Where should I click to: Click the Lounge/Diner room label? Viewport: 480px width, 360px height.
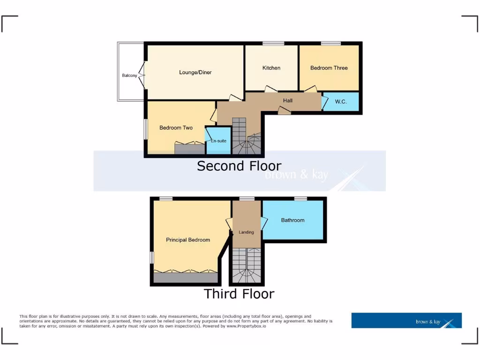point(195,72)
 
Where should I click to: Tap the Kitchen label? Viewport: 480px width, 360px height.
point(271,68)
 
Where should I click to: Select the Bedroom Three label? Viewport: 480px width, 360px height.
point(329,68)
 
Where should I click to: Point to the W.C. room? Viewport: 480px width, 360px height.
point(341,102)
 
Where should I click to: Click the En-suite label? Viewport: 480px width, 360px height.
point(218,141)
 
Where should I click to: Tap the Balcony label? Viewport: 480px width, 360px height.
point(129,75)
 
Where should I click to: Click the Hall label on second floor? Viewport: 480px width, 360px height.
point(287,100)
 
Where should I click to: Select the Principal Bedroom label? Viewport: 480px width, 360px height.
point(188,240)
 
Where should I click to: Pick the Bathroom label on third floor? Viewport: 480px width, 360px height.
point(292,220)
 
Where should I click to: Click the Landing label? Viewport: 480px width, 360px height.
point(246,232)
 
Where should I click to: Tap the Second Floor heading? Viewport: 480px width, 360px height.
point(239,166)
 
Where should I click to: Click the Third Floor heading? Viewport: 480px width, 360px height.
point(239,294)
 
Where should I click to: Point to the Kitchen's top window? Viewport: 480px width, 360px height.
point(273,44)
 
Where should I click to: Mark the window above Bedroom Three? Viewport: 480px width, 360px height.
point(331,44)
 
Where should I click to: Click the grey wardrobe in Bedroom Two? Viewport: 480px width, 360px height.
point(190,149)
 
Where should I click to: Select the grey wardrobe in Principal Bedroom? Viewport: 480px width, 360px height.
point(186,277)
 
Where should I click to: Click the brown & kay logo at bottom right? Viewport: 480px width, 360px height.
point(406,321)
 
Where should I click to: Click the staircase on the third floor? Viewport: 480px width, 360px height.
point(247,266)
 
